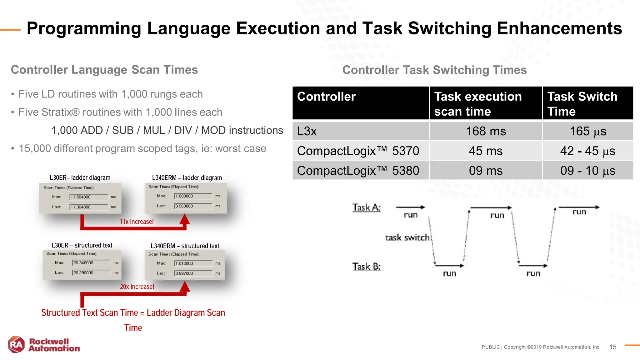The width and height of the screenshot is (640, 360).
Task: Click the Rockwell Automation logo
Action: (44, 345)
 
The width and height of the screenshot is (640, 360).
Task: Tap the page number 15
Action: (612, 347)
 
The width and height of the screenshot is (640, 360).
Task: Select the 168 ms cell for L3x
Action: (486, 131)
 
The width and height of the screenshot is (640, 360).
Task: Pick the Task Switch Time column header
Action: (587, 103)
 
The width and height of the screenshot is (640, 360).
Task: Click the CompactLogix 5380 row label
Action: (358, 171)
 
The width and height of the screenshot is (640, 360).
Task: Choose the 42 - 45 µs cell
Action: (587, 151)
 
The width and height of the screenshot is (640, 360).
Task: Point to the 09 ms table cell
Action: (486, 171)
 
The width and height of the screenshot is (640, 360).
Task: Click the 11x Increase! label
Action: (137, 222)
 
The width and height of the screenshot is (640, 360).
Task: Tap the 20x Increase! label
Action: (137, 287)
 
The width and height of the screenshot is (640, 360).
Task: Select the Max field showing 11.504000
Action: (88, 197)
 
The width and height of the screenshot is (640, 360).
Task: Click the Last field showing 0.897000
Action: (193, 273)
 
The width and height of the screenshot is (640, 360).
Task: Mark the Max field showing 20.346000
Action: (91, 263)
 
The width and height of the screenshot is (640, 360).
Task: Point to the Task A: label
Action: (366, 207)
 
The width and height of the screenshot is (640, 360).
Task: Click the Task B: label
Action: (366, 267)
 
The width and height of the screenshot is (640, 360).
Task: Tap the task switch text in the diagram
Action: (407, 237)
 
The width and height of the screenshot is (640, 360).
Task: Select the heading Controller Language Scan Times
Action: (104, 70)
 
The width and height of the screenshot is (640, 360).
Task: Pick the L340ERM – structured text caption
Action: (185, 246)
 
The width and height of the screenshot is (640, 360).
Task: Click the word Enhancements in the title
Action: (559, 28)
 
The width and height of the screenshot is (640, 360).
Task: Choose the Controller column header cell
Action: (361, 103)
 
